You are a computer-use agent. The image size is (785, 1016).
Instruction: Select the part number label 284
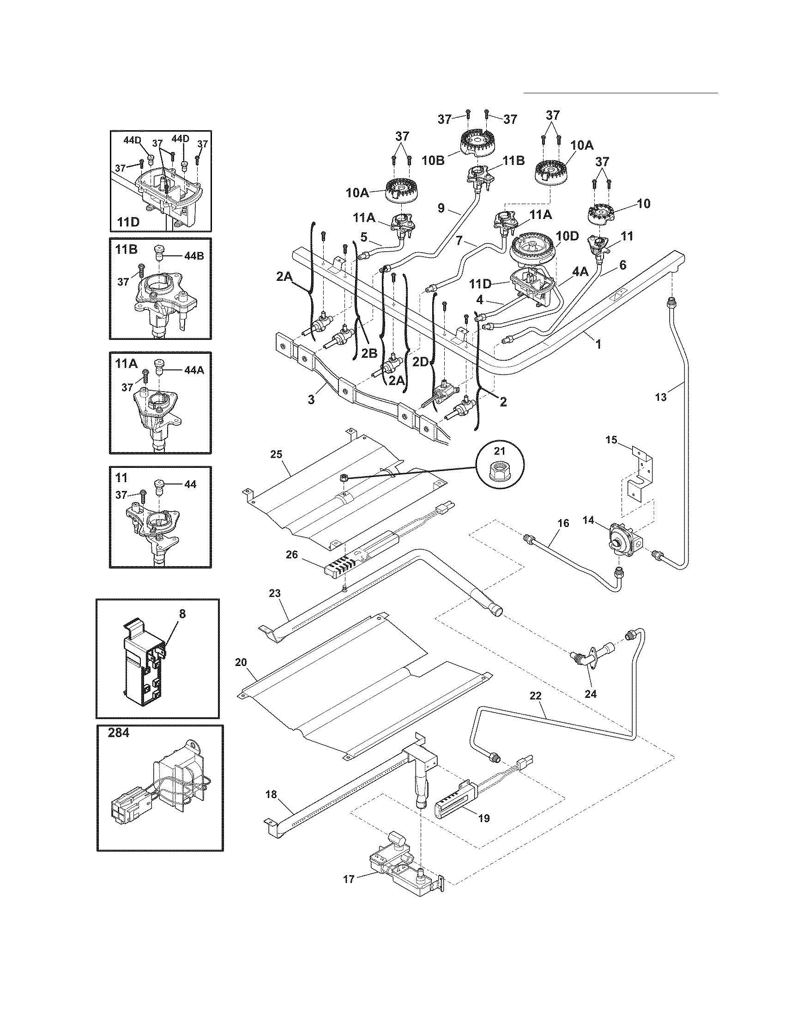click(x=120, y=734)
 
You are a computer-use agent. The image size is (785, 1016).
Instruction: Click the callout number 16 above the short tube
click(x=563, y=523)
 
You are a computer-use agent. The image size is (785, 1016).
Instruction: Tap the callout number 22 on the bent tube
click(x=536, y=709)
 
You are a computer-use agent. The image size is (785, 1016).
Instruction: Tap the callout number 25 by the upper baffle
click(x=276, y=454)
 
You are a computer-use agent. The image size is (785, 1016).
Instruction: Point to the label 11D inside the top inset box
click(x=128, y=223)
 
